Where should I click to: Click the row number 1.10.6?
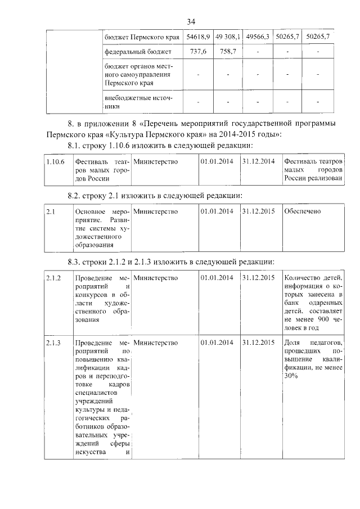click(55, 163)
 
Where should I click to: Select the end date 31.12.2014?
click(258, 163)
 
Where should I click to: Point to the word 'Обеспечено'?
click(303, 211)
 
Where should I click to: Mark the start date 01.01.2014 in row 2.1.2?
click(217, 277)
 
